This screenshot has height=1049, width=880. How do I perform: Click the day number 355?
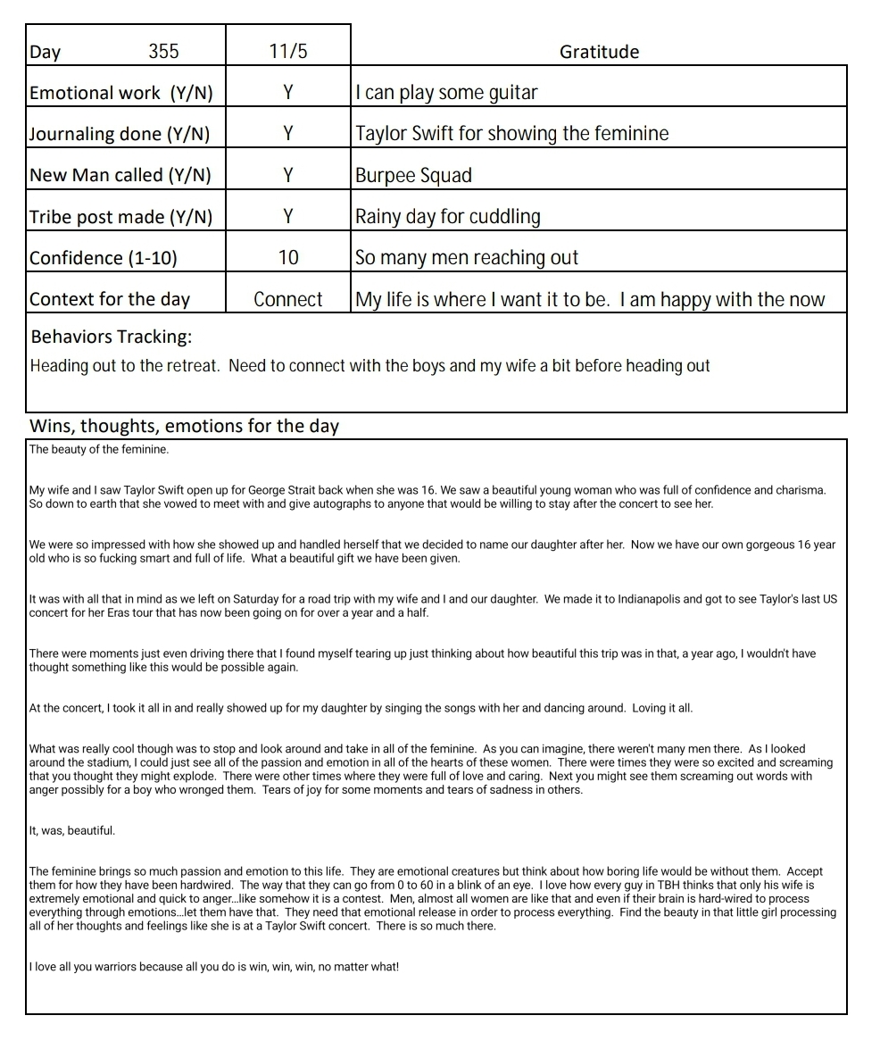coord(163,51)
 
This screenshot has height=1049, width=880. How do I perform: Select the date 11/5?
coord(287,51)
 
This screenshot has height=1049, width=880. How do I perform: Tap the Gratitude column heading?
coord(599,52)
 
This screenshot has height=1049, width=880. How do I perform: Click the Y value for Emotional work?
coord(287,92)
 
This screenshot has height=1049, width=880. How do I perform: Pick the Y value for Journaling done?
coord(287,133)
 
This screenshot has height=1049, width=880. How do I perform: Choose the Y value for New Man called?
coord(287,175)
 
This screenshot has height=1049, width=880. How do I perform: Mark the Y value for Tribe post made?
coord(287,216)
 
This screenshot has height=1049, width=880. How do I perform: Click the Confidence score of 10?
coord(287,257)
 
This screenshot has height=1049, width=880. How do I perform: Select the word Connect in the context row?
coord(287,299)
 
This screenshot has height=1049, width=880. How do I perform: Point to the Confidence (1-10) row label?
coord(104,258)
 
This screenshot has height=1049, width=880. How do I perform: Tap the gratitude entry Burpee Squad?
coord(413,175)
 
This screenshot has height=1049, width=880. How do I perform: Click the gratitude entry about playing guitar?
coord(446,92)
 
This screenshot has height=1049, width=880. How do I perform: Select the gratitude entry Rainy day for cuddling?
coord(448,216)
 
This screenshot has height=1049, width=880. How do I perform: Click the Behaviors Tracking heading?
coord(111,337)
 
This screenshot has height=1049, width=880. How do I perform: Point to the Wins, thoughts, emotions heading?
coord(184,425)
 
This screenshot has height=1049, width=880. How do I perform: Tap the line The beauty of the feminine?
coord(99,449)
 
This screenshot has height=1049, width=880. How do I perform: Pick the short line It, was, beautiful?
coord(72,830)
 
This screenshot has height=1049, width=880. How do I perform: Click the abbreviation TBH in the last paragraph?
coord(639,886)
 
